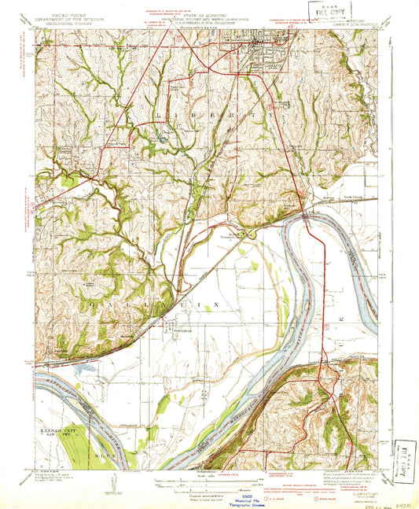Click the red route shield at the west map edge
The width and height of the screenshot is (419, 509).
tap(38, 206)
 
